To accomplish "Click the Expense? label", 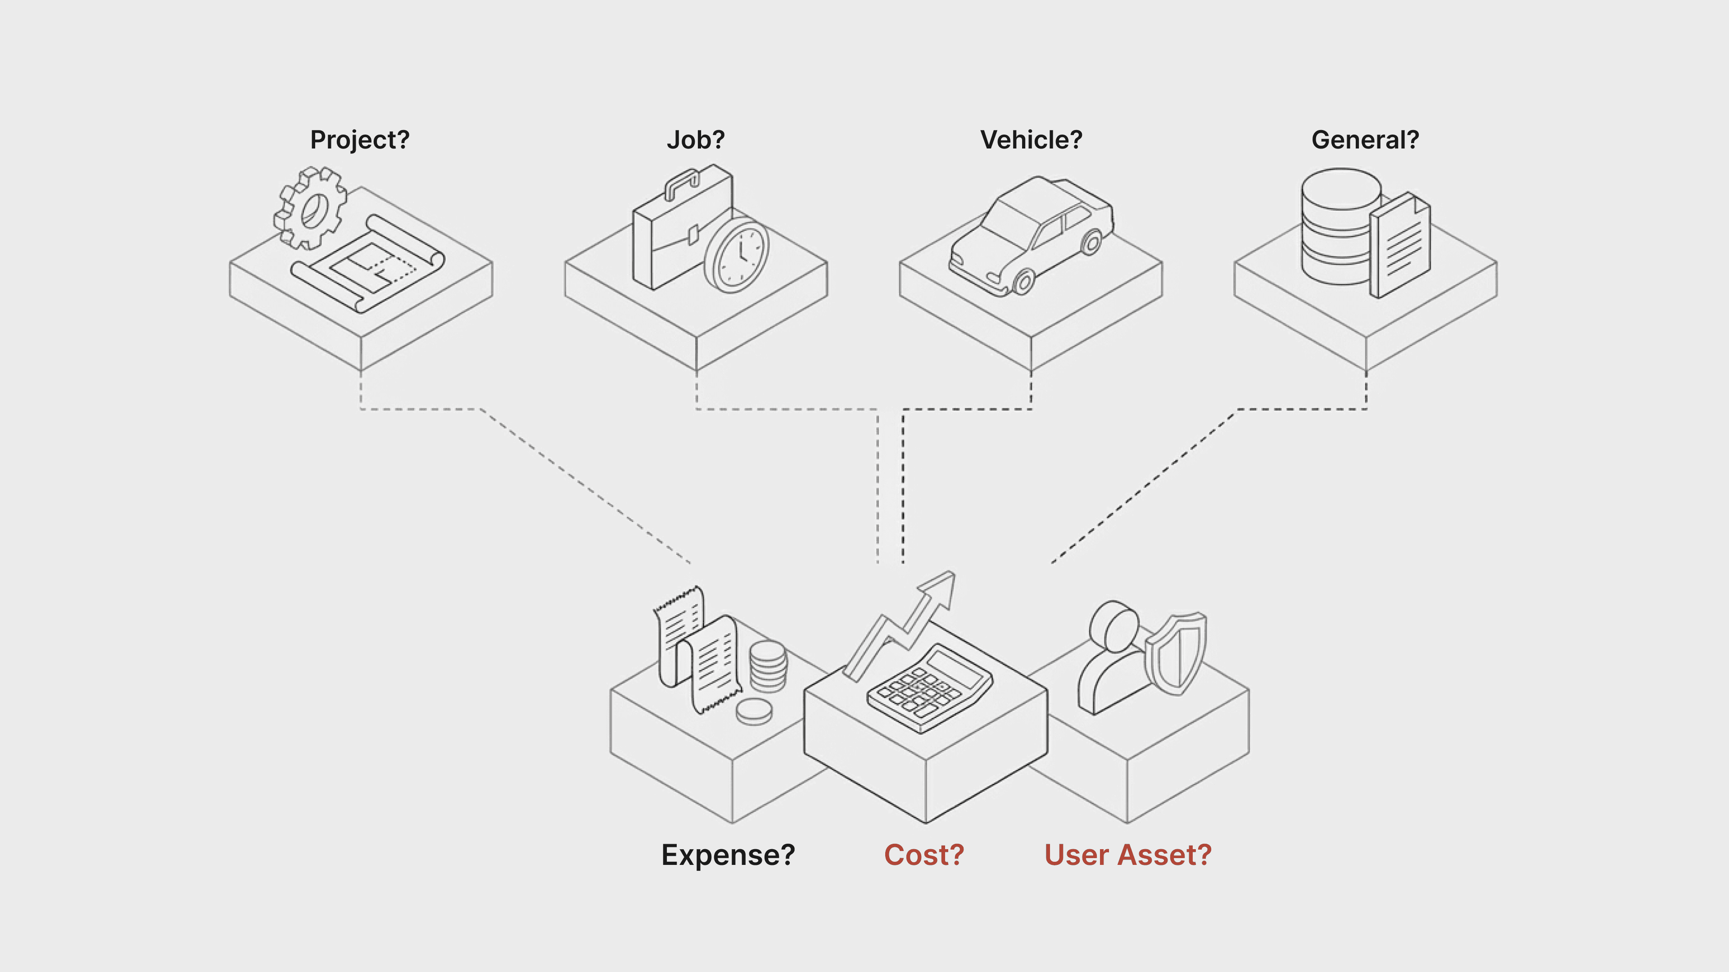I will pyautogui.click(x=728, y=855).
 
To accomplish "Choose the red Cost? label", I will pyautogui.click(x=924, y=855).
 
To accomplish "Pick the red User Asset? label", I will pyautogui.click(x=1127, y=855).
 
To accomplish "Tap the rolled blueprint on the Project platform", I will pyautogui.click(x=368, y=265).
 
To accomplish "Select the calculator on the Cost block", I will pyautogui.click(x=930, y=688).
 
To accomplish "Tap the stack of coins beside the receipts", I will pyautogui.click(x=768, y=666).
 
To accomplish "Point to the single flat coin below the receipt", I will pyautogui.click(x=754, y=711).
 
